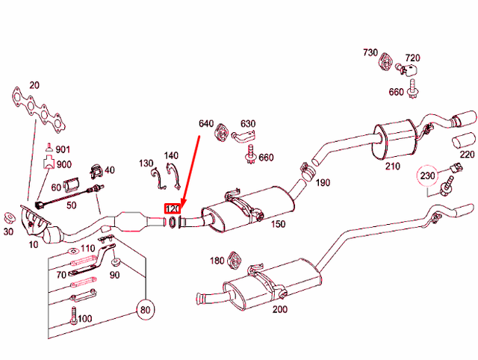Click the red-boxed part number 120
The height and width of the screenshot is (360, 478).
point(173,210)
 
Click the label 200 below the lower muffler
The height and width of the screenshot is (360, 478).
point(279,309)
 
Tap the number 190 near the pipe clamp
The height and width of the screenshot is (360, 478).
point(322,183)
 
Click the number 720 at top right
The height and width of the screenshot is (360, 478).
point(412,58)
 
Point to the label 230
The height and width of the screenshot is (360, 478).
point(426,177)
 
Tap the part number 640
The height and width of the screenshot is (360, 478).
point(206,122)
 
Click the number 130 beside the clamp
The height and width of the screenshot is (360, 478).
point(146,162)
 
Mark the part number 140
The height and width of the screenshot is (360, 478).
point(171,155)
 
